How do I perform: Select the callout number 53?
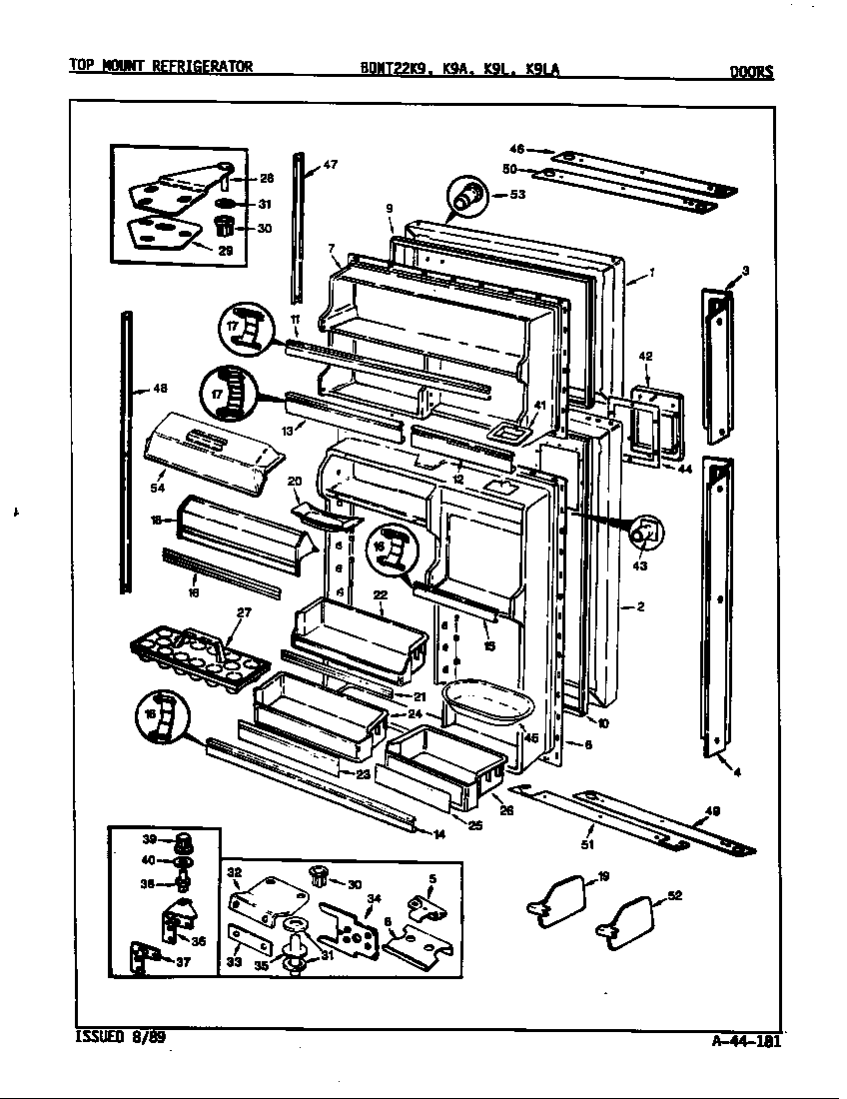pos(516,195)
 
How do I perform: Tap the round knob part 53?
pos(467,196)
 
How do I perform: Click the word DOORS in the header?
pos(751,71)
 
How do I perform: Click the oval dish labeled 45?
pos(485,701)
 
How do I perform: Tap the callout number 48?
pos(160,389)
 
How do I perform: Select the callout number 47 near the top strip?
pos(331,165)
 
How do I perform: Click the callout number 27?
pos(244,612)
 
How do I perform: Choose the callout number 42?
pos(645,356)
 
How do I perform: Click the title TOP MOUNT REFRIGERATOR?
pos(160,67)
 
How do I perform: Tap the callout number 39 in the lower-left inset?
pos(150,839)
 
